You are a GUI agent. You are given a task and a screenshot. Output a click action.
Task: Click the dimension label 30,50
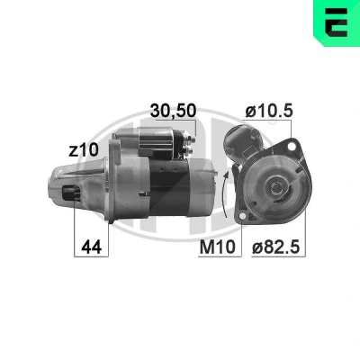click(x=173, y=111)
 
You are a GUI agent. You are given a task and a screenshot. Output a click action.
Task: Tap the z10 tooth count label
click(x=84, y=149)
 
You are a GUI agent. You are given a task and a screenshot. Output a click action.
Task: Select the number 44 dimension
click(x=92, y=247)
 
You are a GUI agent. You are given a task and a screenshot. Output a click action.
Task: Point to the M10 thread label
click(x=218, y=247)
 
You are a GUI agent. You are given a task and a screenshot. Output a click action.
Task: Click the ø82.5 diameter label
click(x=275, y=247)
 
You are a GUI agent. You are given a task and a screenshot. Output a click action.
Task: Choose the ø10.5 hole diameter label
click(x=269, y=111)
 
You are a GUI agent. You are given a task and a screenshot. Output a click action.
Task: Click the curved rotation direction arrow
click(x=225, y=194)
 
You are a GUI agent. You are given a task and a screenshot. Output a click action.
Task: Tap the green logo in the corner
click(x=337, y=23)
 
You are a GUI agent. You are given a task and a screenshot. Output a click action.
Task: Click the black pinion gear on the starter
click(x=71, y=193)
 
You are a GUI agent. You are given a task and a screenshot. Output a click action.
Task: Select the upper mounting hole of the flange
click(x=291, y=147)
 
